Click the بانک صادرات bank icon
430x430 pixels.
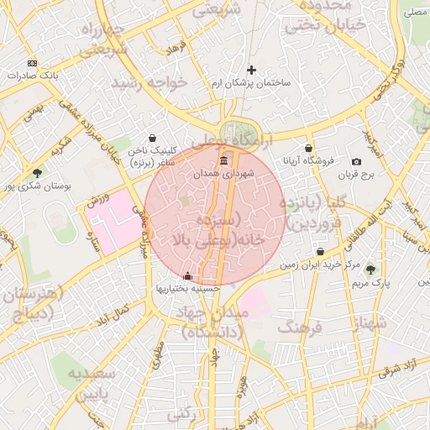pos(32,64)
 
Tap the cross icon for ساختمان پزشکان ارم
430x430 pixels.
pos(250,70)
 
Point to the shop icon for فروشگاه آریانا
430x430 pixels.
pos(309,149)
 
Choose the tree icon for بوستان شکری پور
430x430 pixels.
pos(36,173)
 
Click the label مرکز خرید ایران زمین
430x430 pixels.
pos(320,265)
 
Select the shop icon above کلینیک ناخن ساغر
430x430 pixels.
pos(151,139)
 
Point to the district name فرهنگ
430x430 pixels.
pos(300,325)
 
